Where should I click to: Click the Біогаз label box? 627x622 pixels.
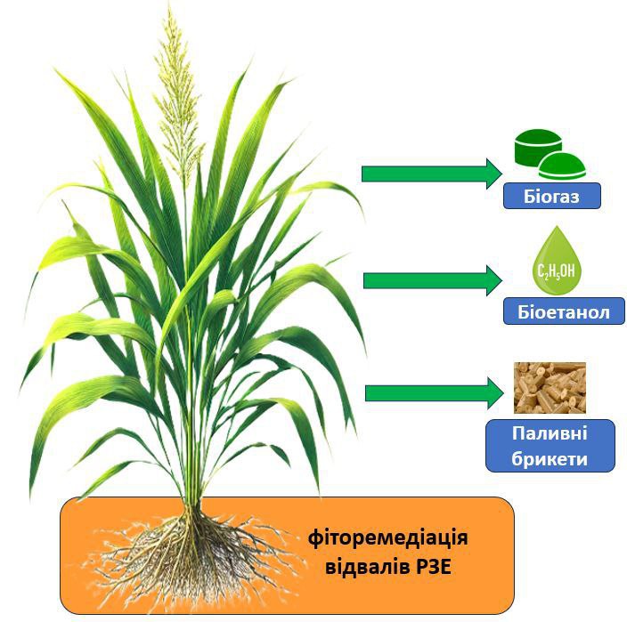tap(552, 197)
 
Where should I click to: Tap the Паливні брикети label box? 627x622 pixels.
tap(550, 446)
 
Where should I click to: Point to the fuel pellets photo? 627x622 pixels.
tap(550, 387)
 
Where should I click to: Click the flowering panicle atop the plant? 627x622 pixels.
tap(178, 98)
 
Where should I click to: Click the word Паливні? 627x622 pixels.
tap(550, 433)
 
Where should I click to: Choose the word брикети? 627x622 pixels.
tap(550, 458)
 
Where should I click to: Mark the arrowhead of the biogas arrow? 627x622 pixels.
tap(493, 173)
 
